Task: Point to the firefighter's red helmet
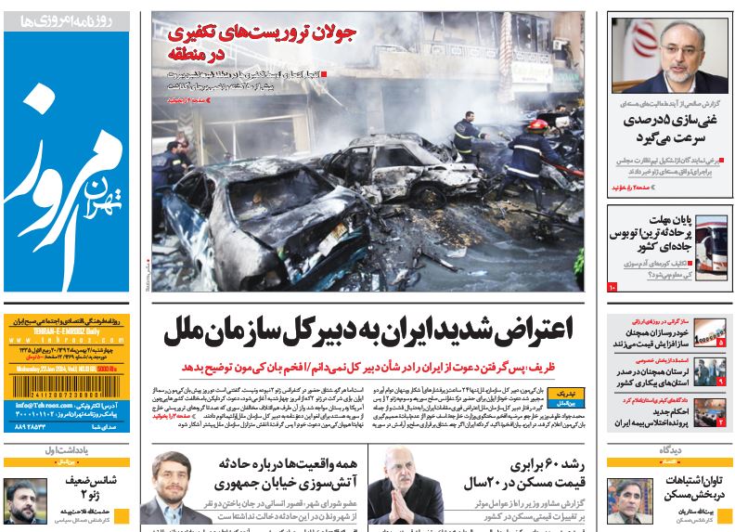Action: [x=536, y=123]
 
